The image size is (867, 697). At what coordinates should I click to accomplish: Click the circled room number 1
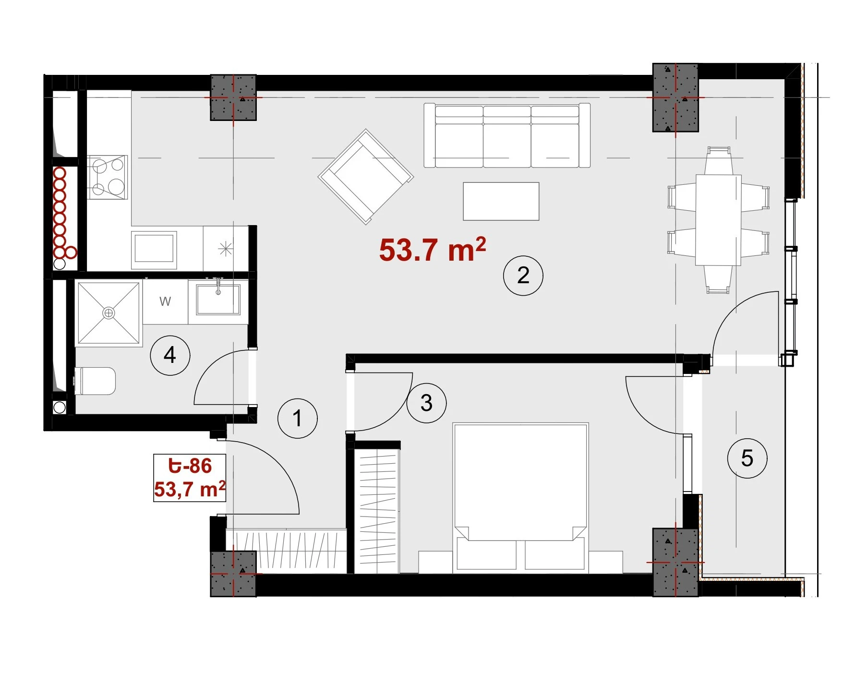(x=298, y=418)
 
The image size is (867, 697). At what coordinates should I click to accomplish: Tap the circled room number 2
(x=523, y=275)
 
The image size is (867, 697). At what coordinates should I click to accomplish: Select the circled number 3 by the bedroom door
(x=426, y=403)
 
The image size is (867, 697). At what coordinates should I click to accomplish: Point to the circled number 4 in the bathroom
(x=170, y=355)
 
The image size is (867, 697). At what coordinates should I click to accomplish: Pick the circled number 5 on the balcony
(x=747, y=458)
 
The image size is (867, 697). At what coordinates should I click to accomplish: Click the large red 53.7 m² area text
(x=433, y=250)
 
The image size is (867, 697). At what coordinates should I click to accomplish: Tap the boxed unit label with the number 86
(x=190, y=478)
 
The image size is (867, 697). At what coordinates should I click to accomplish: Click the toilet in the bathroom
(x=95, y=381)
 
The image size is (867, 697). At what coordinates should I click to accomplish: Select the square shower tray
(x=109, y=313)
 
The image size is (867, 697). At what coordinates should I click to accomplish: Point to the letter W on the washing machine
(x=165, y=301)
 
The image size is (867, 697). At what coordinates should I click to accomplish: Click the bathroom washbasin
(x=218, y=299)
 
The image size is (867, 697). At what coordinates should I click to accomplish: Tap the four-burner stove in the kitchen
(x=108, y=177)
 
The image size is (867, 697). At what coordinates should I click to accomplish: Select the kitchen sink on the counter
(x=154, y=247)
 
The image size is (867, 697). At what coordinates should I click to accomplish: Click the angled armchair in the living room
(x=366, y=176)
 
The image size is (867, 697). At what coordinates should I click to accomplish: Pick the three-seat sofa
(x=507, y=135)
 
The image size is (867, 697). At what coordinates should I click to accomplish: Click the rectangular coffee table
(x=501, y=201)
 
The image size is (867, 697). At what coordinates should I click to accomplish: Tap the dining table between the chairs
(x=718, y=220)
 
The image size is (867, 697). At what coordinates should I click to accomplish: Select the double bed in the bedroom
(x=521, y=498)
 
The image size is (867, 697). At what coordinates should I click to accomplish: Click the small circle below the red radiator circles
(x=60, y=264)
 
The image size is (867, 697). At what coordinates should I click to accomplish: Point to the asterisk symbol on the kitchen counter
(x=225, y=249)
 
